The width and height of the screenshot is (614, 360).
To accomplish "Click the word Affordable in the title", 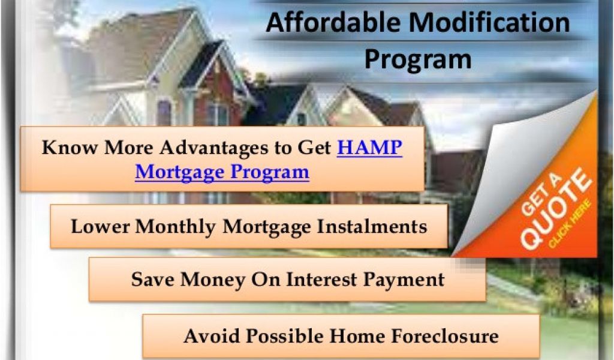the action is pos(333,22).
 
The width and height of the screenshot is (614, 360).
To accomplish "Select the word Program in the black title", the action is pos(418,60).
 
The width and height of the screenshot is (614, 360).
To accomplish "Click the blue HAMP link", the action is pos(369,148).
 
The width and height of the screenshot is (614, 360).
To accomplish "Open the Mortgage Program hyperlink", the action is pos(222,172).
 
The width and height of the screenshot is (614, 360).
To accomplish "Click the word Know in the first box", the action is pos(70,148).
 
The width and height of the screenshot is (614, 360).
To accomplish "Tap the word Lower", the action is pos(100,226).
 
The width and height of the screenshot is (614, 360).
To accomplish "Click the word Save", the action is pos(153,280).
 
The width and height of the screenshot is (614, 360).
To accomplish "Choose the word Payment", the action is pos(404,280).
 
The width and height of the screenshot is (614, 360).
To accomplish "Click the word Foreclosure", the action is pos(445,336).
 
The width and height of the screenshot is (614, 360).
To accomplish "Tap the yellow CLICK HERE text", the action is pos(570,224).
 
